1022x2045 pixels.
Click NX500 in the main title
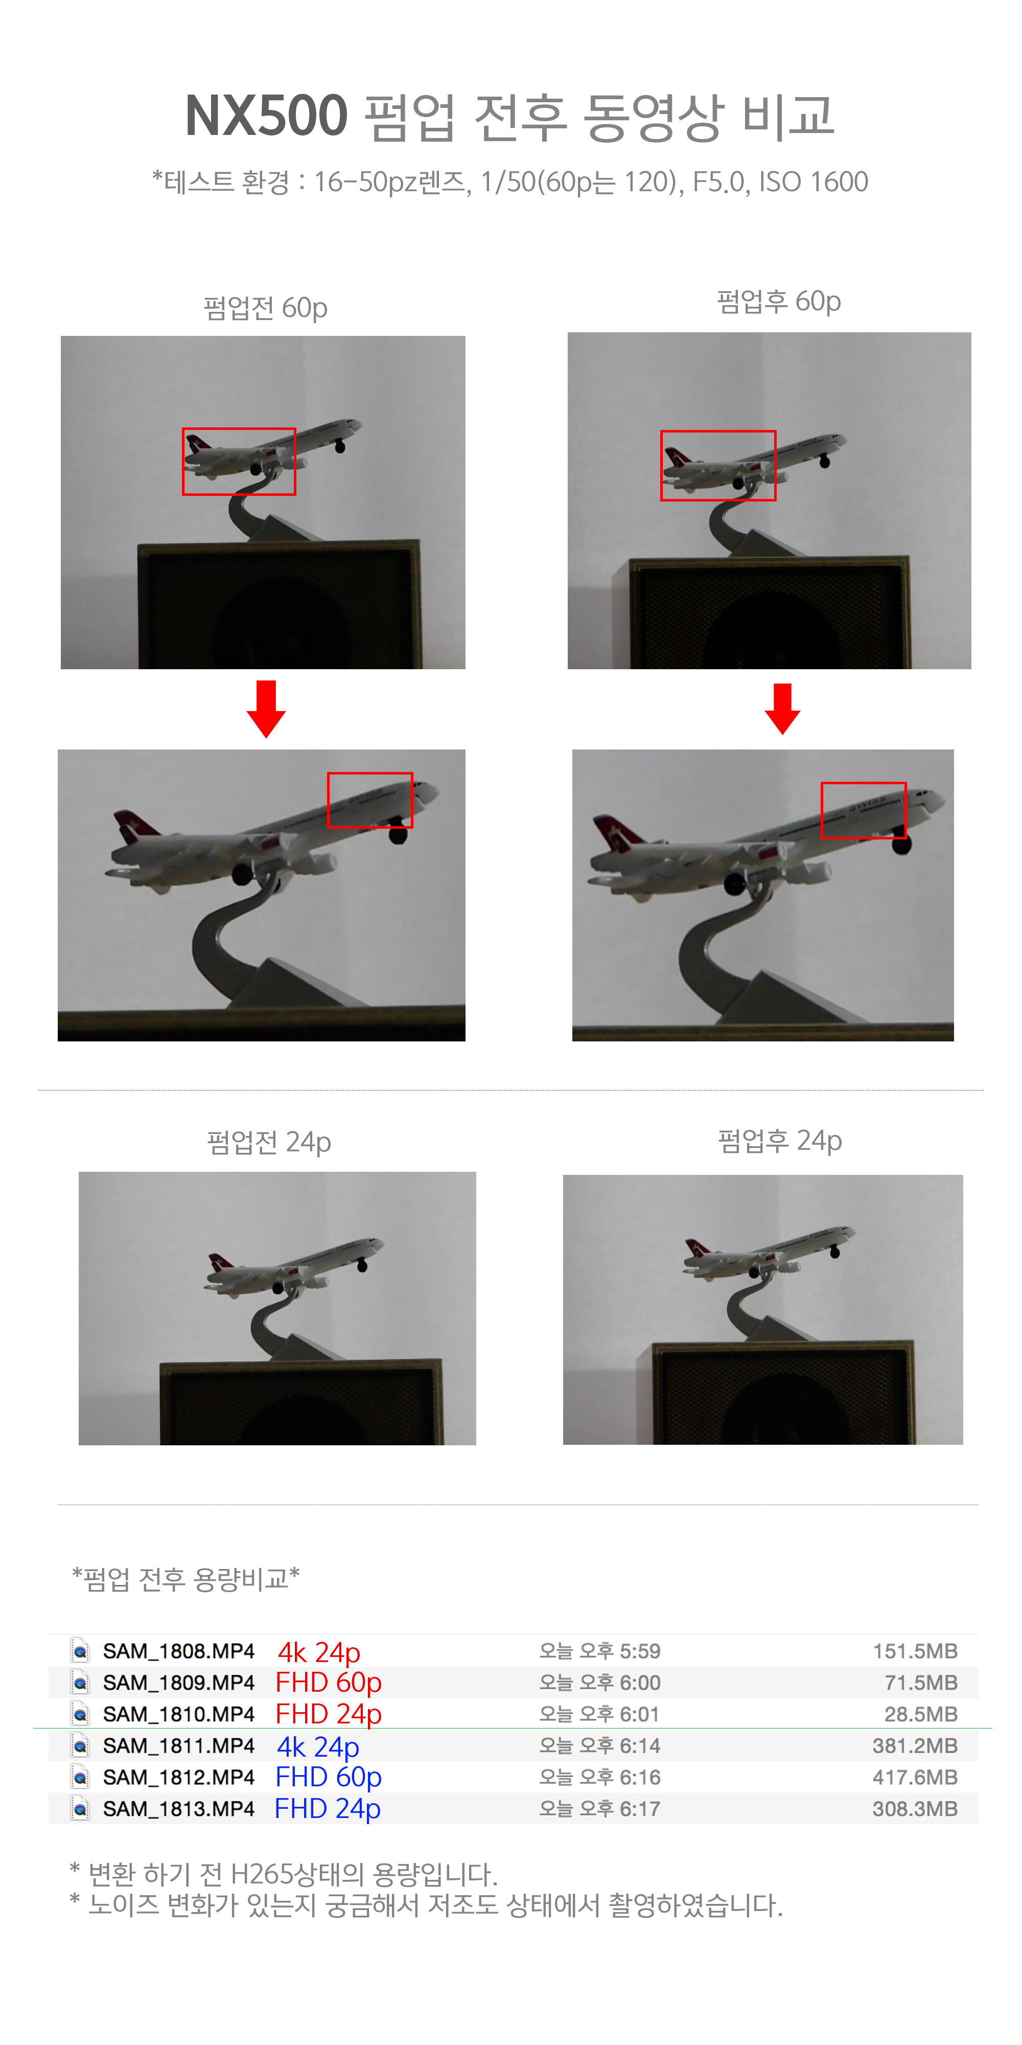pos(266,117)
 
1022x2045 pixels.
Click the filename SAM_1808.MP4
pos(178,1651)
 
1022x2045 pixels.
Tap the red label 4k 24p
pos(319,1652)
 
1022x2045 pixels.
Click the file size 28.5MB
pos(920,1714)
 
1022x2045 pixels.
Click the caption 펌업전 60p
pos(265,308)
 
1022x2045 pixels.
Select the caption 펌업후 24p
pos(779,1141)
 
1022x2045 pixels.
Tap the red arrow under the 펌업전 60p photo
pos(266,708)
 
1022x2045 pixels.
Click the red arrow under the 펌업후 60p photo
pos(782,708)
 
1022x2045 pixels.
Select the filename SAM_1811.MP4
pos(178,1746)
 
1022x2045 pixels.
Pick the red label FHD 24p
pos(329,1714)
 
